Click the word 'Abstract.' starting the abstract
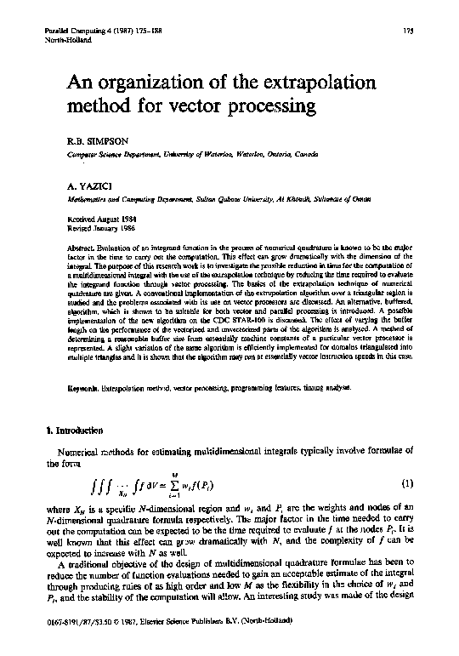click(x=83, y=245)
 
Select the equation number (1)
click(x=406, y=483)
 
